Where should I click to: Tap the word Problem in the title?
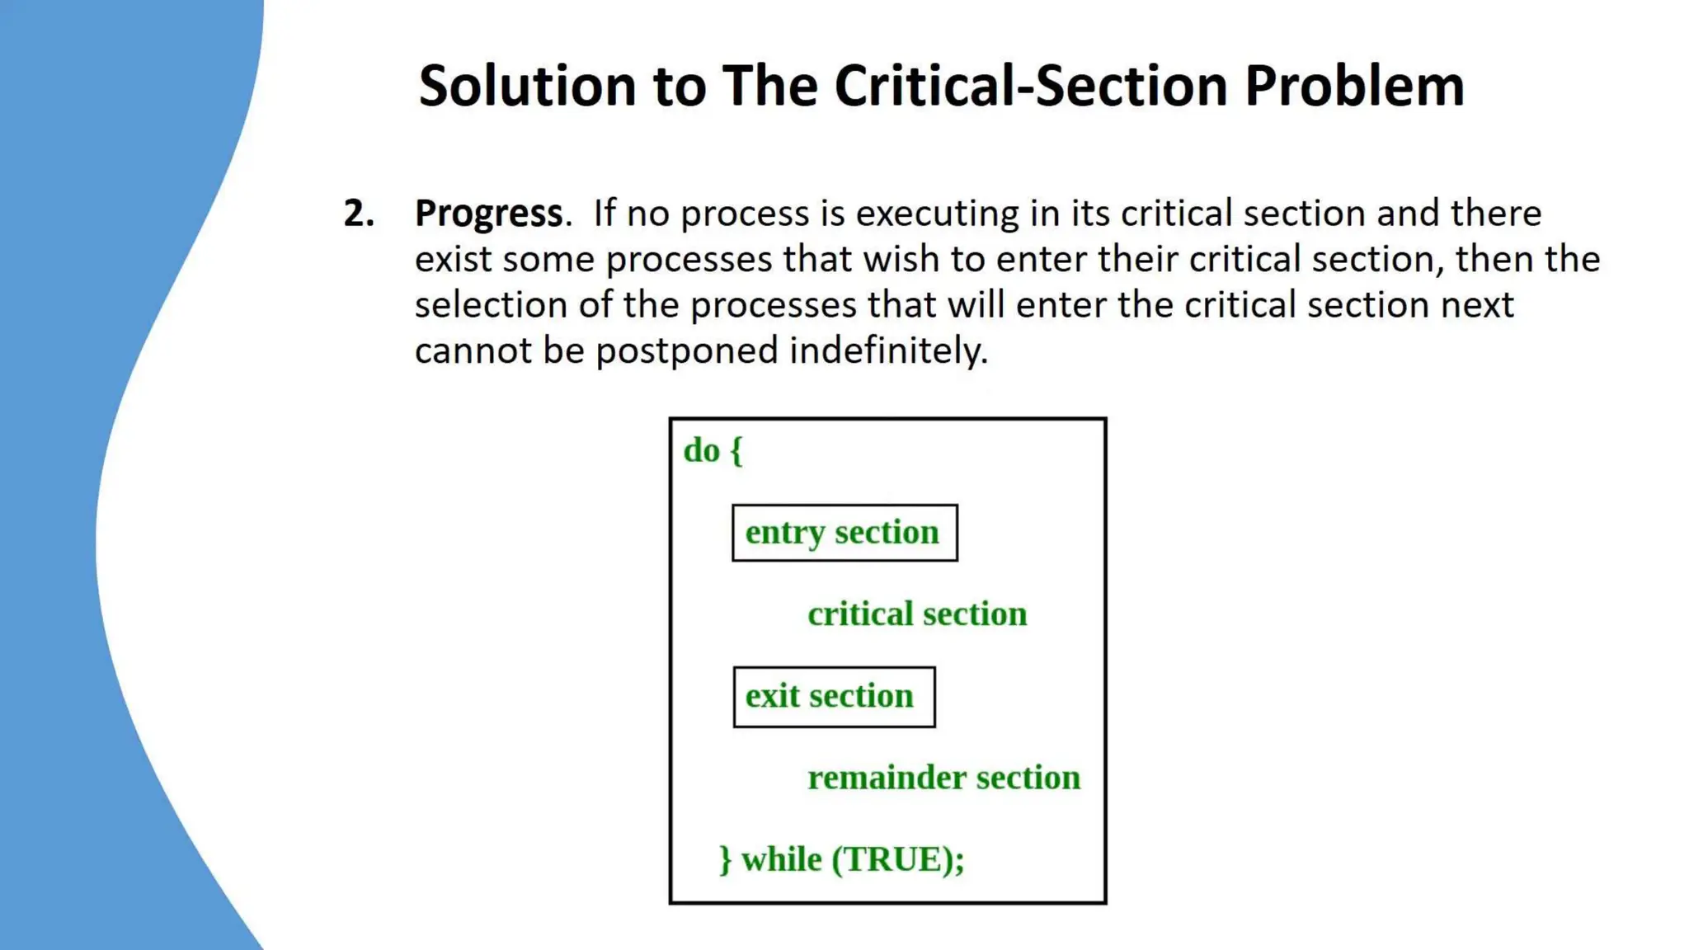coord(1354,86)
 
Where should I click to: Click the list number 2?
coord(359,214)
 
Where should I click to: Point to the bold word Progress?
coord(489,214)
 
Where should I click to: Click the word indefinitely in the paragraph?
coord(888,350)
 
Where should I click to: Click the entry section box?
coord(844,533)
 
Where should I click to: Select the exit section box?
coord(834,697)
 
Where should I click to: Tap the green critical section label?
coord(917,614)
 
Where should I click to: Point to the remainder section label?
coord(943,778)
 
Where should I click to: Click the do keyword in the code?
coord(702,451)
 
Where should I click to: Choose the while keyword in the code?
coord(781,859)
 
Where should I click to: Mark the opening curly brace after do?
coord(736,452)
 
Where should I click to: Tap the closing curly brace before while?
coord(725,860)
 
